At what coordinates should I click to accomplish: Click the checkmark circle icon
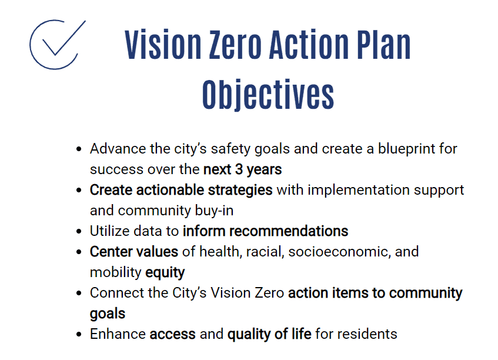[x=54, y=46]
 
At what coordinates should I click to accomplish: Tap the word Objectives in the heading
[x=268, y=94]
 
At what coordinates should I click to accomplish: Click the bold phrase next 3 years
[x=242, y=170]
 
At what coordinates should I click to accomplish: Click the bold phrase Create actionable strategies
[x=181, y=190]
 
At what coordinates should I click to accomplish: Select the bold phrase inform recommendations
[x=265, y=231]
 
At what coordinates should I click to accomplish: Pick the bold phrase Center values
[x=133, y=252]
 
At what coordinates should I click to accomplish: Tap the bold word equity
[x=165, y=272]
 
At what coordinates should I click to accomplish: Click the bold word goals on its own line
[x=108, y=314]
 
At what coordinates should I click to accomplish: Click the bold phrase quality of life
[x=269, y=334]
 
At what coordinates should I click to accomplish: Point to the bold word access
[x=172, y=334]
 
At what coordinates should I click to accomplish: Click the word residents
[x=368, y=334]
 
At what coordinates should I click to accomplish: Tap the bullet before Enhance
[x=79, y=335]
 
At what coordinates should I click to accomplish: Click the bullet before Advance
[x=79, y=149]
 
